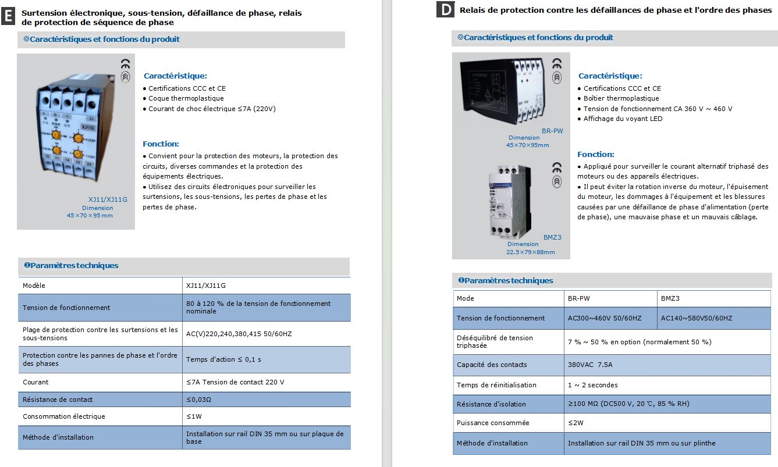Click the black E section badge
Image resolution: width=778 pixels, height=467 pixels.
pyautogui.click(x=8, y=17)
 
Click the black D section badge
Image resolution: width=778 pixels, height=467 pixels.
pyautogui.click(x=445, y=10)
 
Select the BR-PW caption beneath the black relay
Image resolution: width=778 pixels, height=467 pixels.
pyautogui.click(x=552, y=131)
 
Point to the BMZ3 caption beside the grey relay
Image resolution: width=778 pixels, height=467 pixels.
pyautogui.click(x=552, y=237)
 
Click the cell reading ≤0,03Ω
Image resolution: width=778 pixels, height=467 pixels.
pyautogui.click(x=198, y=400)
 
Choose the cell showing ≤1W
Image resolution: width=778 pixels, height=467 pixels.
pyautogui.click(x=194, y=416)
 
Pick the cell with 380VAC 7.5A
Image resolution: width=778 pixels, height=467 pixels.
pyautogui.click(x=590, y=365)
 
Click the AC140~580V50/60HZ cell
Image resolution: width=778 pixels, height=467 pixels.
pyautogui.click(x=697, y=318)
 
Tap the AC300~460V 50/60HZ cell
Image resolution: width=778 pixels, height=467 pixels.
pyautogui.click(x=605, y=318)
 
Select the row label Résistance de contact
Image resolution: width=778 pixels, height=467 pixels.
pyautogui.click(x=58, y=400)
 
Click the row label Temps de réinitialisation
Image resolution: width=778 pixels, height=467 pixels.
pyautogui.click(x=496, y=385)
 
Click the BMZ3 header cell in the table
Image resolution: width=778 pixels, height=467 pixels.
pyautogui.click(x=670, y=298)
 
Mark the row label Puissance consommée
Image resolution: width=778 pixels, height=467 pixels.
pyautogui.click(x=493, y=423)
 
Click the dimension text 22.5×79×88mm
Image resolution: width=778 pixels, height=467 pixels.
pyautogui.click(x=530, y=252)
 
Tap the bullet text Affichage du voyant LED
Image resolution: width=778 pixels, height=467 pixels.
pyautogui.click(x=623, y=119)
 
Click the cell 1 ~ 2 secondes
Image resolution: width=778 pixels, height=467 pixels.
pyautogui.click(x=592, y=385)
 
